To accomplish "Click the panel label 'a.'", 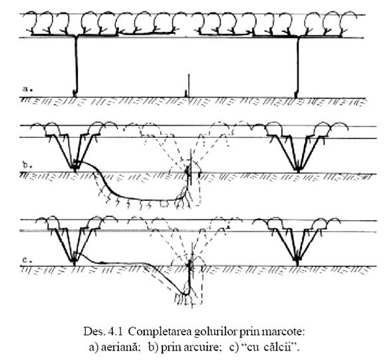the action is coord(27,89).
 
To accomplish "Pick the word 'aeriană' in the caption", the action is coord(120,347).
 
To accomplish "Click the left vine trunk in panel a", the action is coord(76,66).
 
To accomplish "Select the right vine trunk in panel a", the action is coord(297,67).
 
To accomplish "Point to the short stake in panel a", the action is coord(189,85).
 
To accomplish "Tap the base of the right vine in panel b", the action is coord(298,170).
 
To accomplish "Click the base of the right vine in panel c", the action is coord(297,262).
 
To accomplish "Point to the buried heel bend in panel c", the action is coord(186,293).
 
